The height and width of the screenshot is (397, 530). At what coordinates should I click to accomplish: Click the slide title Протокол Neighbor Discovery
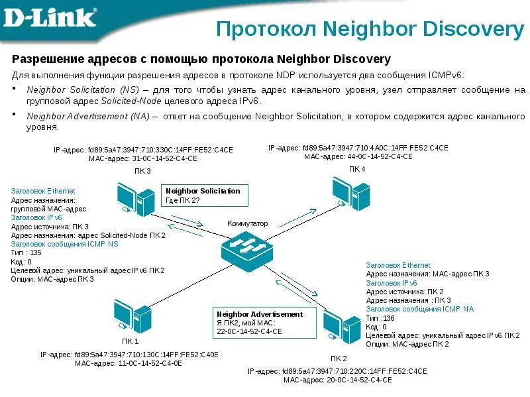(x=370, y=28)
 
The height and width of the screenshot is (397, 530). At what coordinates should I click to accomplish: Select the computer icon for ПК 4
(x=351, y=192)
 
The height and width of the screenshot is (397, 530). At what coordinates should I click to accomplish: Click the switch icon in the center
(x=247, y=249)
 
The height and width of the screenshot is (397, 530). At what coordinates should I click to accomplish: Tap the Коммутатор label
(x=247, y=223)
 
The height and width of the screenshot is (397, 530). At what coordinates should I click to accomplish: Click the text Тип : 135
(x=26, y=253)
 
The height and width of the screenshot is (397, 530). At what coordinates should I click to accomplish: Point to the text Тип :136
(x=380, y=318)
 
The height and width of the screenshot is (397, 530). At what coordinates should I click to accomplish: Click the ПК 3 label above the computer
(x=142, y=172)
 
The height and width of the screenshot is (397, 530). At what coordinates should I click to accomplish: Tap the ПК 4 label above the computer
(x=357, y=170)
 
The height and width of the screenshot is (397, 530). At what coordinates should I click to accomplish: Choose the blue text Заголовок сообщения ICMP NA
(x=419, y=309)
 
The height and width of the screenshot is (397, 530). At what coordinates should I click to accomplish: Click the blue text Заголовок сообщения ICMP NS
(x=65, y=244)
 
